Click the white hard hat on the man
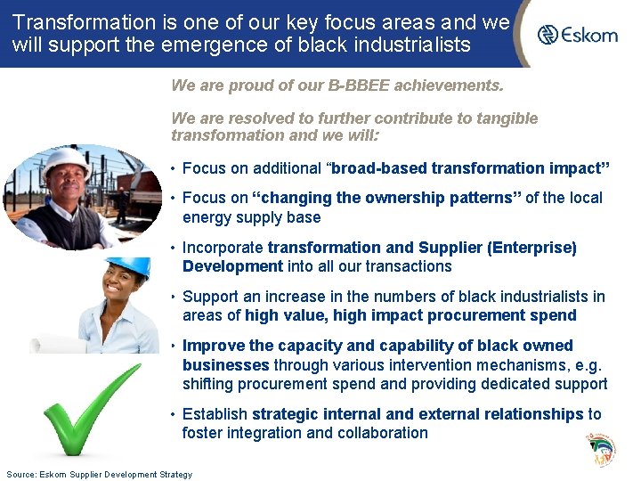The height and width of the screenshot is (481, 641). coord(66,161)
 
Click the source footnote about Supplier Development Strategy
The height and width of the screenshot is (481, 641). coord(99,474)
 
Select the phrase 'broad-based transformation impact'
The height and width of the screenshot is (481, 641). coord(470,168)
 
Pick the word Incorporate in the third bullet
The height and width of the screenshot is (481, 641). coord(223,248)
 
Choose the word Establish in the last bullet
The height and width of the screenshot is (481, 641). coord(215,414)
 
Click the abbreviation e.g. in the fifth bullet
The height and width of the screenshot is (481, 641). coord(589,365)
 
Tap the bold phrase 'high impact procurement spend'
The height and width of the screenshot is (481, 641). coord(467,315)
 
